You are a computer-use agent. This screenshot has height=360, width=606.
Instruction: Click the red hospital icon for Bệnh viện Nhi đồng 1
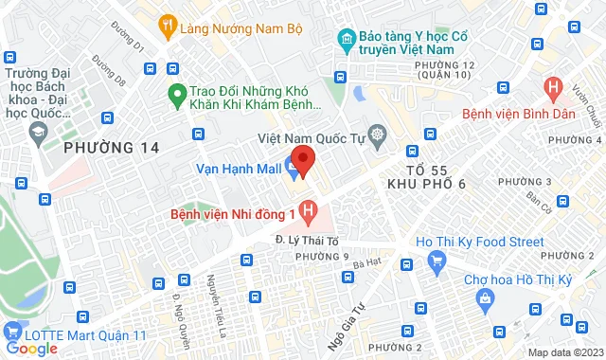tap(309, 208)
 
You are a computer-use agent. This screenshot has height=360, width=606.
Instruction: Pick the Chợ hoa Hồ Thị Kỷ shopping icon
tap(487, 300)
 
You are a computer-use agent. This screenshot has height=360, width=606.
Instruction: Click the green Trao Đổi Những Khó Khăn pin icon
tap(175, 93)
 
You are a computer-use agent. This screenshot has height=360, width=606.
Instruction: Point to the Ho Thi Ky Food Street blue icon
tap(437, 260)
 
